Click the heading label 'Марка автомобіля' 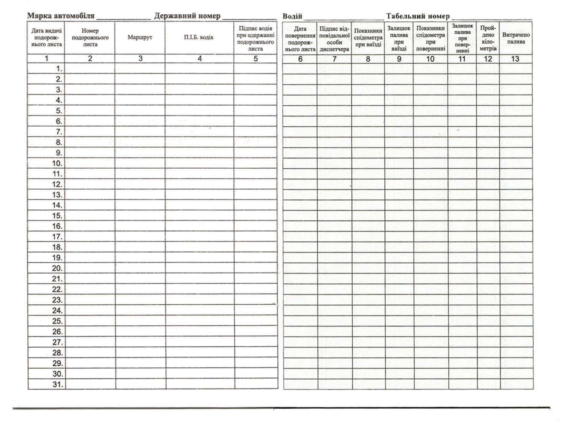[x=61, y=16]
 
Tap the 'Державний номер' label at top [x=187, y=16]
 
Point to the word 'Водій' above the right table [x=292, y=17]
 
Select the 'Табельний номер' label [x=418, y=17]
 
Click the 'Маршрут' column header [x=140, y=38]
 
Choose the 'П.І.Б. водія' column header [x=199, y=38]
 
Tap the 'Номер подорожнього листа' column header [x=90, y=38]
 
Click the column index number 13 [x=515, y=59]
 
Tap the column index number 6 [x=300, y=59]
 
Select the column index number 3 [x=140, y=59]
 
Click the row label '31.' [x=58, y=384]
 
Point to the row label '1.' [x=59, y=68]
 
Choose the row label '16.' [x=58, y=226]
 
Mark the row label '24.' [x=58, y=311]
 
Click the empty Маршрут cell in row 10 [x=140, y=163]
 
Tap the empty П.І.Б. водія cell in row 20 [x=200, y=269]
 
